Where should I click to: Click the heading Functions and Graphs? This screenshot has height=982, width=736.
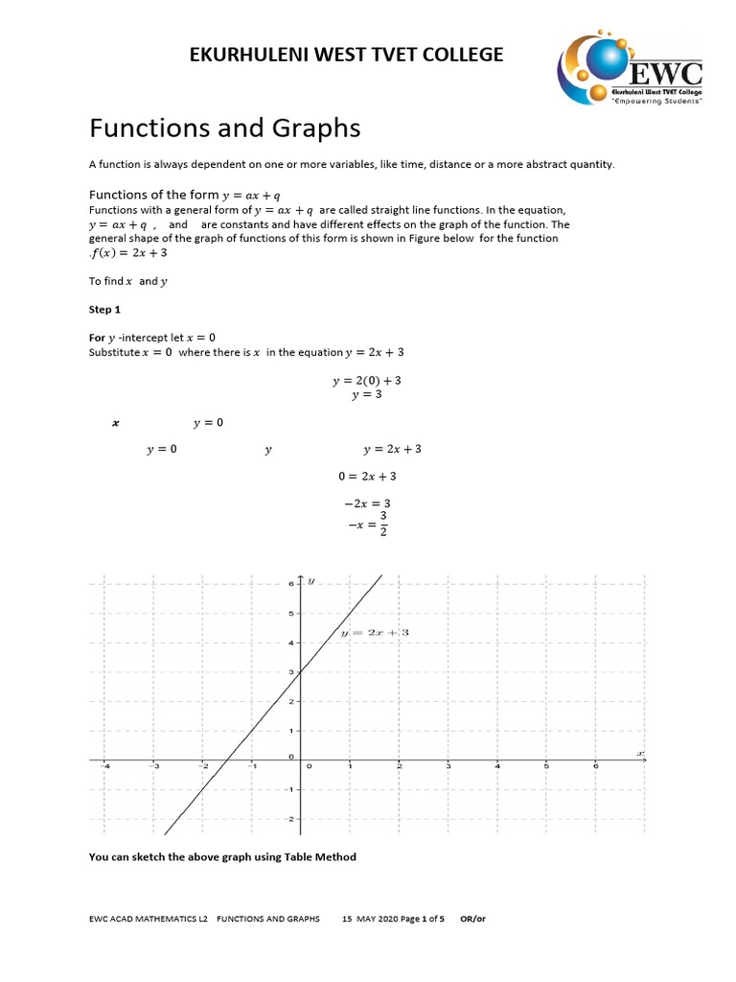click(224, 128)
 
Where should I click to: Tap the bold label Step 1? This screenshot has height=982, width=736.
click(106, 311)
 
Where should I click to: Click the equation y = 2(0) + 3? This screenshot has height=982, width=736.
click(366, 381)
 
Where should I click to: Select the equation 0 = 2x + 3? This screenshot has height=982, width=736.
click(367, 476)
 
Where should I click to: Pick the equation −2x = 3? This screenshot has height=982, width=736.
click(366, 503)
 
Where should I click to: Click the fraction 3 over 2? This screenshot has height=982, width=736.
click(383, 525)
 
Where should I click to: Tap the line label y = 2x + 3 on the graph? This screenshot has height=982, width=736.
click(375, 633)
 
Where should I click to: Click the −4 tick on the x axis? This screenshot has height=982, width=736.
click(105, 766)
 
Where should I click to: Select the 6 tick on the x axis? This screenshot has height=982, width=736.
click(595, 766)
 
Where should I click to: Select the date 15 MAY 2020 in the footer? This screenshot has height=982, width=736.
click(369, 918)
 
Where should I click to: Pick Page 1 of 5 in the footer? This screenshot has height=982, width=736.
click(422, 918)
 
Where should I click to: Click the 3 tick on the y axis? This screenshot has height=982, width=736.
click(291, 672)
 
